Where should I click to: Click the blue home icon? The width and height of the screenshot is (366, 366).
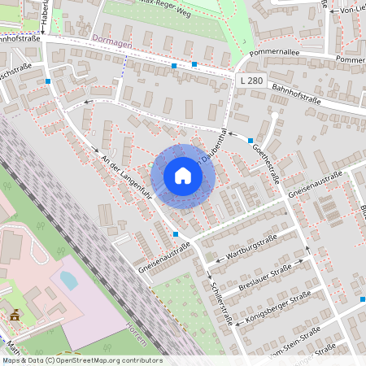[x=183, y=175]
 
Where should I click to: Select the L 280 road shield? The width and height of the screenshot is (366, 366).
[x=251, y=81]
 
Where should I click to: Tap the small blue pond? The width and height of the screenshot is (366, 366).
[x=69, y=281]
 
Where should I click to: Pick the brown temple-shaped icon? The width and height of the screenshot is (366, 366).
[x=14, y=314]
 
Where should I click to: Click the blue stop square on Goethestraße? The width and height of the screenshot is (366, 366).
[x=250, y=141]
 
